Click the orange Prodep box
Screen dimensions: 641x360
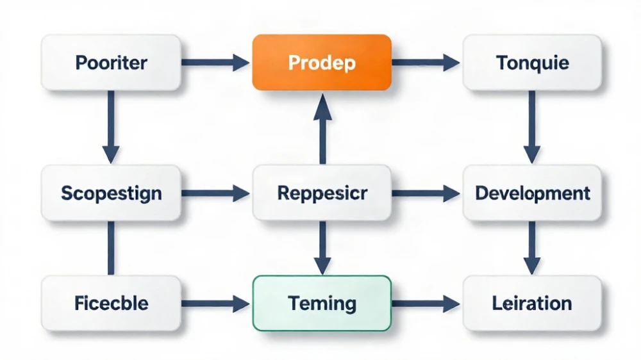(322, 62)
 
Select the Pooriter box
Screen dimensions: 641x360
(111, 63)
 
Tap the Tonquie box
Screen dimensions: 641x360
(532, 63)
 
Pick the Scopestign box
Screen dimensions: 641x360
(111, 193)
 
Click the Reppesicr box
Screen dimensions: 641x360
(322, 193)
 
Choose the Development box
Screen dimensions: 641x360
(532, 193)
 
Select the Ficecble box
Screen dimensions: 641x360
(111, 303)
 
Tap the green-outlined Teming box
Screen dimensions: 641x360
(322, 303)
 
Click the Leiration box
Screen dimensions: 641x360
(532, 303)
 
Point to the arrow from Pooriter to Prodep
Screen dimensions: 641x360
(215, 63)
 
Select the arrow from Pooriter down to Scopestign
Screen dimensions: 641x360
(111, 127)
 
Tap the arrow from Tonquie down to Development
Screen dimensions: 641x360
(532, 127)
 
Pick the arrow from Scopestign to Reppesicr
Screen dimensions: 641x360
(215, 193)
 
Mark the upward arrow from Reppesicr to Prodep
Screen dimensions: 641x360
(322, 129)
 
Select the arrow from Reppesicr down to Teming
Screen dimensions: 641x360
(322, 248)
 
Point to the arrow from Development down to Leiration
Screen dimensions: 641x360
(532, 248)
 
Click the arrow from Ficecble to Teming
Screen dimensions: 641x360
(215, 304)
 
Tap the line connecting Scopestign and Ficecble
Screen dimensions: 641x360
(111, 248)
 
